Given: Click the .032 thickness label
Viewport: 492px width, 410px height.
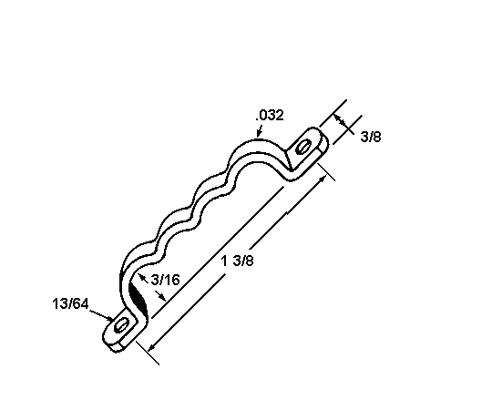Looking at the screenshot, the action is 270,115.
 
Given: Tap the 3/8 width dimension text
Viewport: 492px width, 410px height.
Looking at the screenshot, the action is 371,137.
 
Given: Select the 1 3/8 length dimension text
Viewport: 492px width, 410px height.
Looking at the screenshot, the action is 237,261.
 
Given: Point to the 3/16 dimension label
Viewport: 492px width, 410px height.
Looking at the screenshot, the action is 165,280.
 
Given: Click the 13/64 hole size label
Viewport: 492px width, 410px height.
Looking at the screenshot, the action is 70,303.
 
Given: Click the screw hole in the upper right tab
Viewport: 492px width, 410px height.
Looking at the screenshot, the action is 303,147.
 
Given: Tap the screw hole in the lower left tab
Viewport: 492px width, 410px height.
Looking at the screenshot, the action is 121,325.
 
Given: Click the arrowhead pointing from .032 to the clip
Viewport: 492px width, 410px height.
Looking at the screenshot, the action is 259,133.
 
